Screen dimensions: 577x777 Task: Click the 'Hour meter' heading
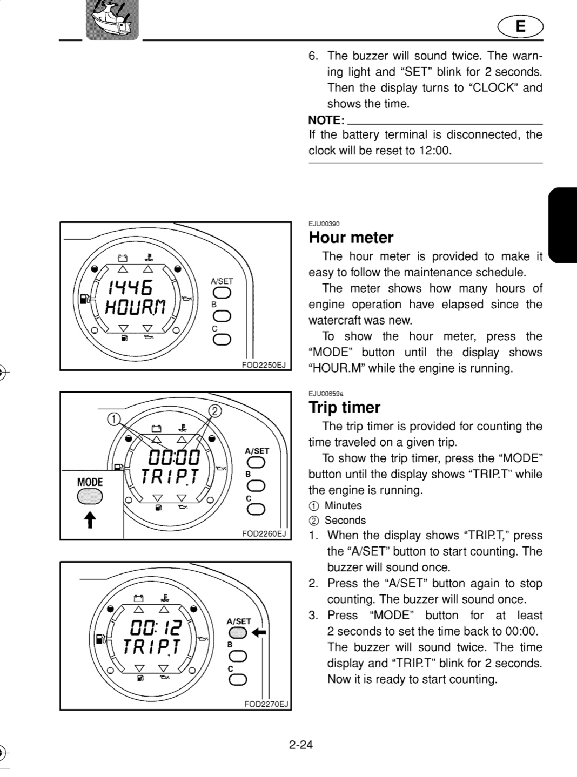click(x=351, y=238)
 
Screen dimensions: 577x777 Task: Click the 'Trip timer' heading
click(x=345, y=408)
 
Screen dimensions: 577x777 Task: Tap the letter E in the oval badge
click(x=521, y=26)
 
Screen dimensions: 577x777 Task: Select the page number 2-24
click(x=301, y=745)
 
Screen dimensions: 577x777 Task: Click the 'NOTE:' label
click(x=326, y=120)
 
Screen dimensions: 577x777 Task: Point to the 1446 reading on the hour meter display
click(x=130, y=288)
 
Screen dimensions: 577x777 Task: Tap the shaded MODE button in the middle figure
click(x=90, y=496)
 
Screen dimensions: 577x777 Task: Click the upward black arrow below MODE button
click(x=90, y=519)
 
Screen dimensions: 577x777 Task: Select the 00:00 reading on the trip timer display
click(x=174, y=457)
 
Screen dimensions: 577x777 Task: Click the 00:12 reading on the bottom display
click(x=156, y=627)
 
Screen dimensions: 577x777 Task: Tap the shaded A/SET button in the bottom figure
click(x=238, y=633)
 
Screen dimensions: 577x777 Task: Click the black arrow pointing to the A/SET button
click(x=259, y=632)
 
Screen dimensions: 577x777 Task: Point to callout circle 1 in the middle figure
click(x=113, y=419)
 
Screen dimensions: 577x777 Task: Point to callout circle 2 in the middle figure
click(x=215, y=410)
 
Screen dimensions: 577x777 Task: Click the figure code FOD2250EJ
click(x=264, y=365)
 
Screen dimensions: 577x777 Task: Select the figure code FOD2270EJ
click(x=266, y=705)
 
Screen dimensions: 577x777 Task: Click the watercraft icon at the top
click(x=112, y=19)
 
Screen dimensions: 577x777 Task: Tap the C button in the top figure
click(x=222, y=340)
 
